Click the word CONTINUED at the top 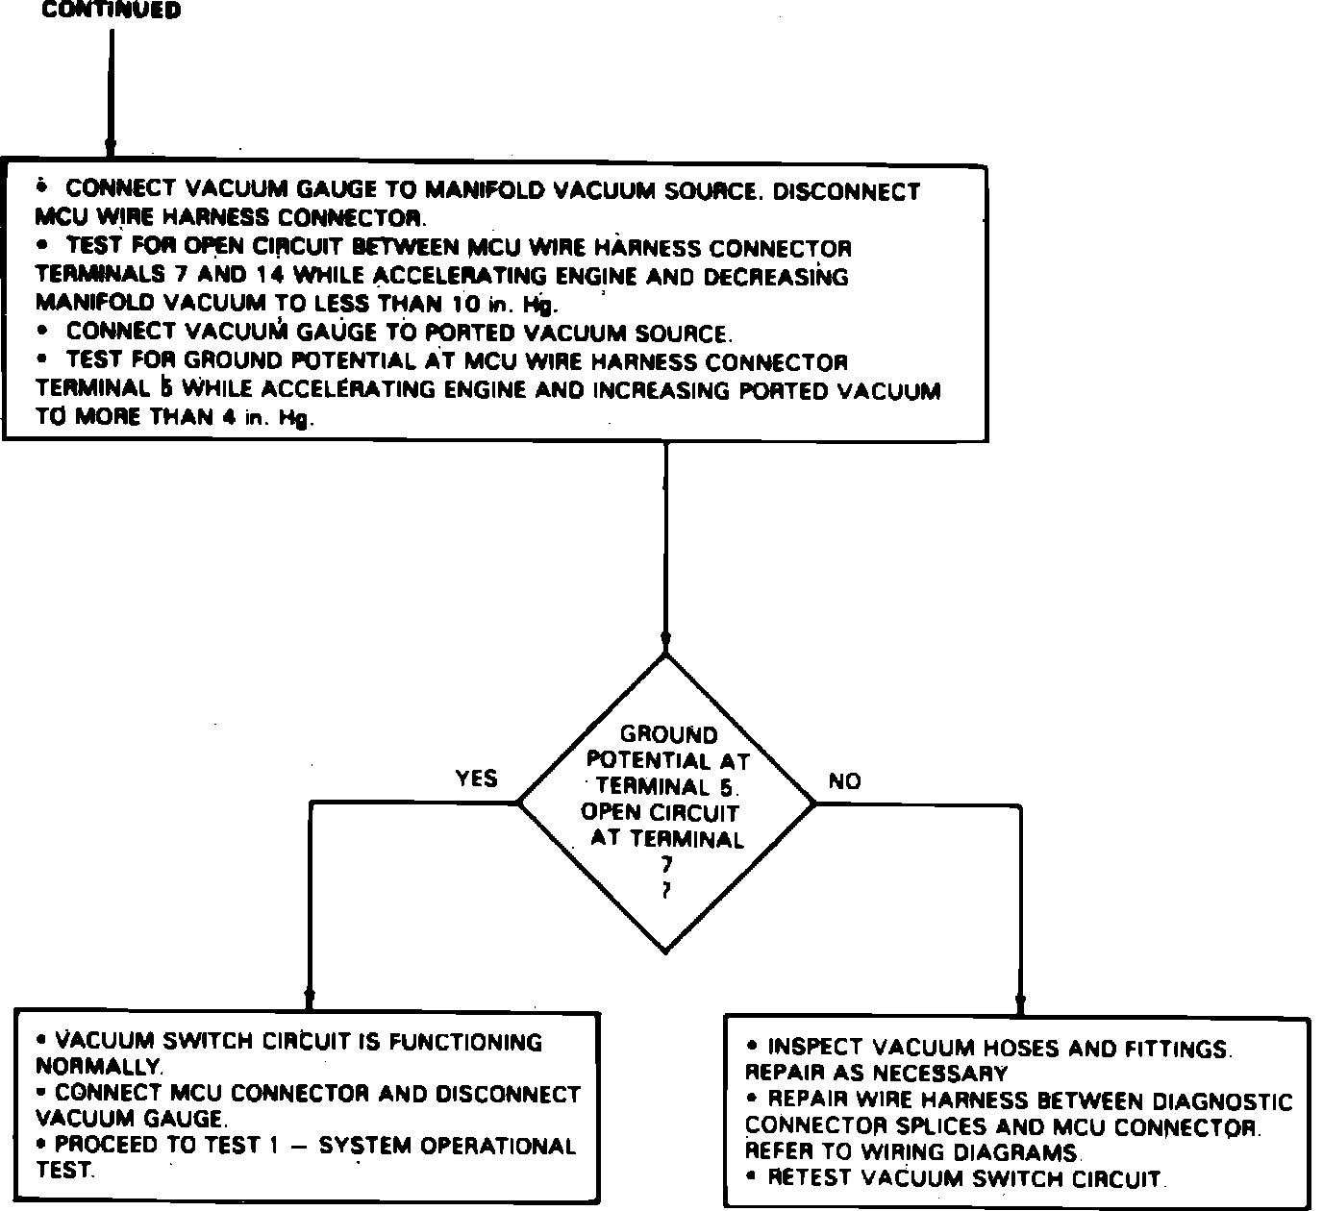pyautogui.click(x=112, y=11)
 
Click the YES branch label pyautogui.click(x=476, y=778)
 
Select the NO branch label pyautogui.click(x=844, y=781)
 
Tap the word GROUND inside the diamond pyautogui.click(x=668, y=735)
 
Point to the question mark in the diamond pyautogui.click(x=666, y=891)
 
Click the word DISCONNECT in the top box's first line pyautogui.click(x=846, y=191)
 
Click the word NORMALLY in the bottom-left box pyautogui.click(x=99, y=1067)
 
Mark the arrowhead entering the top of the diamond pyautogui.click(x=665, y=643)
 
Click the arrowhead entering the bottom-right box pyautogui.click(x=1020, y=1004)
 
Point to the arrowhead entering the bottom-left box pyautogui.click(x=309, y=997)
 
